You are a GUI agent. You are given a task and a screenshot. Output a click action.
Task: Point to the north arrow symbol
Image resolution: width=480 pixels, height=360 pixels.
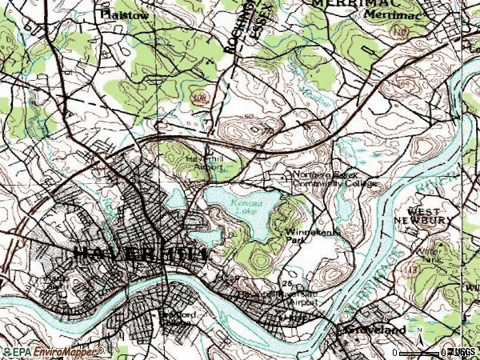tap(421, 346)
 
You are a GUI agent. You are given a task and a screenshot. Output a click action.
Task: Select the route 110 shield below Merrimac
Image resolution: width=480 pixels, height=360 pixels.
tap(401, 32)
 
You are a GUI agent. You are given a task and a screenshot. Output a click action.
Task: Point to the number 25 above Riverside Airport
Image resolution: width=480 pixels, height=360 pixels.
tap(285, 285)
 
